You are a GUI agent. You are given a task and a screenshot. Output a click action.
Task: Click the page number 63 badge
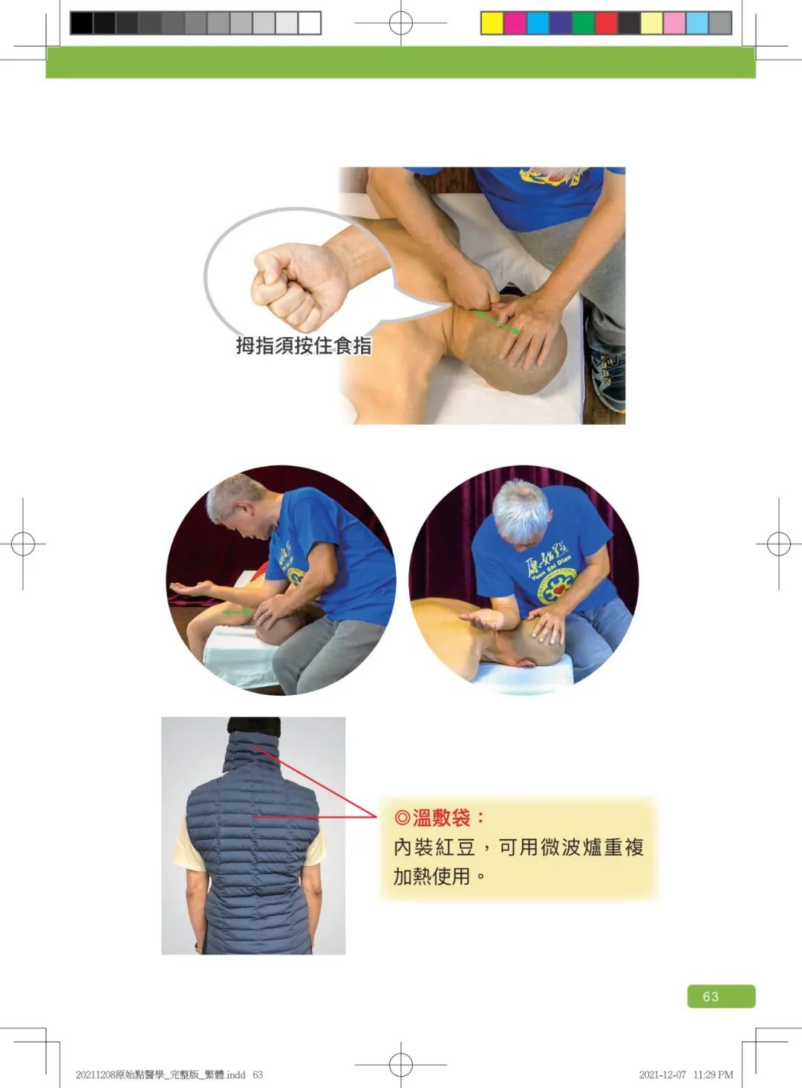coord(720,996)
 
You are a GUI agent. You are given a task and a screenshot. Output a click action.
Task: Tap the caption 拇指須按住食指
coord(304,345)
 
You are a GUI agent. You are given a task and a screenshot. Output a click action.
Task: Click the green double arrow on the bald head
coord(497,322)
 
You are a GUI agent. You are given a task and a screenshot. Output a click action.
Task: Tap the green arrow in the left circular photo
coord(238,612)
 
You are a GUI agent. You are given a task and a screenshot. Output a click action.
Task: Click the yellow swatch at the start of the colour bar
coord(492,23)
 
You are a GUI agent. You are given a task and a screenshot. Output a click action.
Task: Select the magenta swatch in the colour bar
coord(515,23)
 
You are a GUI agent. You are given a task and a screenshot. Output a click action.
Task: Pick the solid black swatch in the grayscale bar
coord(82,23)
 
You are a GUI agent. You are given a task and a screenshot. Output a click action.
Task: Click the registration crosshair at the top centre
coord(401,23)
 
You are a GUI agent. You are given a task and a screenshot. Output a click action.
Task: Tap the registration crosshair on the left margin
coord(23,544)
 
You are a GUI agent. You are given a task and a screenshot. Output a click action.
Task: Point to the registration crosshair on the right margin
coord(778,544)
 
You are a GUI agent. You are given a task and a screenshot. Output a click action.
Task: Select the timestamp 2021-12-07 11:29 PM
coord(685,1075)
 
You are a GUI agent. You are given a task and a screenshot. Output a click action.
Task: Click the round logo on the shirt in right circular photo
coord(556,586)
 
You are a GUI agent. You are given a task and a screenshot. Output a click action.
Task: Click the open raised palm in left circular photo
coord(192,588)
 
